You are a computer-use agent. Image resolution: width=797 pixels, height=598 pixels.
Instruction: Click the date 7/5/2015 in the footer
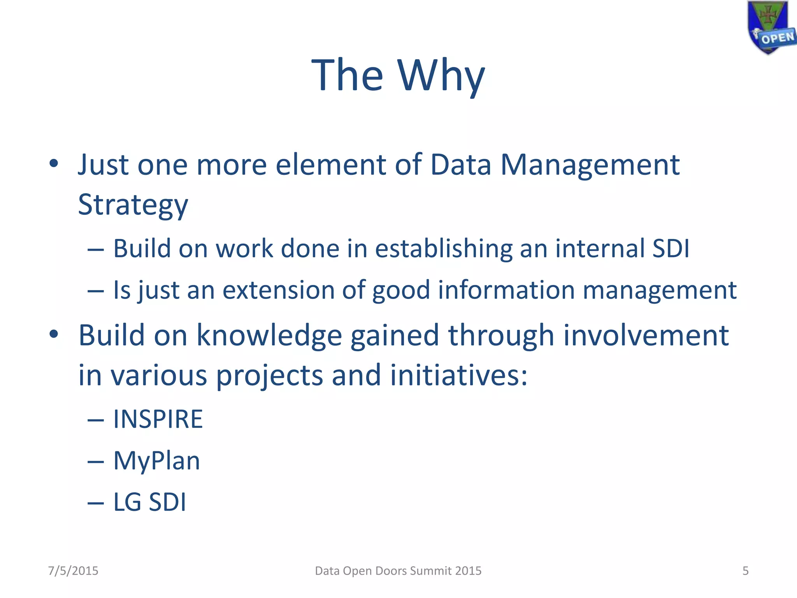point(73,571)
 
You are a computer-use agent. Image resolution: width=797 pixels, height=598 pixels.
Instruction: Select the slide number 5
point(745,571)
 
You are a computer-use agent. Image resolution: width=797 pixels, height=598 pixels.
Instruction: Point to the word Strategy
point(133,205)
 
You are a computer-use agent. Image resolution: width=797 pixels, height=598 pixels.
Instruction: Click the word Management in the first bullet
point(590,165)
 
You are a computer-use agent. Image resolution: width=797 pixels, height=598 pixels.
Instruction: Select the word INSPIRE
point(158,419)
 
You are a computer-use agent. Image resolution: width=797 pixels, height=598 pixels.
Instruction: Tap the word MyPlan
point(156,461)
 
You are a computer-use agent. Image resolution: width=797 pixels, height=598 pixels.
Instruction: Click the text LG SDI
point(149,502)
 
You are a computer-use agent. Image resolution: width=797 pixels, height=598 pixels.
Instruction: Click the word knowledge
point(269,336)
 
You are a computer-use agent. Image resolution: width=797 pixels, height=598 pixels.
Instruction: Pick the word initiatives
point(458,375)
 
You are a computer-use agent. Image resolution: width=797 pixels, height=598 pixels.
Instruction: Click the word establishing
point(444,249)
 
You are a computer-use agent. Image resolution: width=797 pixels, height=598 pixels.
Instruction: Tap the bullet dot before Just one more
point(54,164)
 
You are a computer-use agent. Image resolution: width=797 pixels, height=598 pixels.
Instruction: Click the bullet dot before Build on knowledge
point(54,334)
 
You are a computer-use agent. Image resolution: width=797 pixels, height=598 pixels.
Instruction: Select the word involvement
point(646,336)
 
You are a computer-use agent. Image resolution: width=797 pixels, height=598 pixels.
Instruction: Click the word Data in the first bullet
point(461,165)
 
